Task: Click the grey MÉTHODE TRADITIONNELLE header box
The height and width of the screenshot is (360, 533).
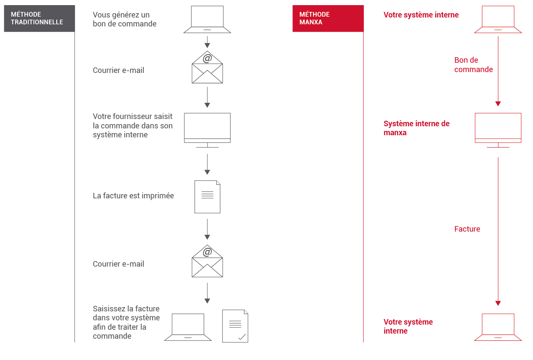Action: pos(40,18)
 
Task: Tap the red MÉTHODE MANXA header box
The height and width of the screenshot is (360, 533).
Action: pos(328,18)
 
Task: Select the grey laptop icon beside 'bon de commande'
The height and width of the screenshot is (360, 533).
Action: pos(207,19)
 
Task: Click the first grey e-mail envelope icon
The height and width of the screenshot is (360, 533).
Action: pos(207,67)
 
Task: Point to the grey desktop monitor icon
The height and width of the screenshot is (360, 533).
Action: pos(207,130)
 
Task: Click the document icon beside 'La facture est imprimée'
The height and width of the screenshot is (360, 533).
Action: pos(207,197)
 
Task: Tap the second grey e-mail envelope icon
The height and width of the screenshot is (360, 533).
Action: pos(207,261)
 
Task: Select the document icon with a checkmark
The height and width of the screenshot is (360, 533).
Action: pos(235,326)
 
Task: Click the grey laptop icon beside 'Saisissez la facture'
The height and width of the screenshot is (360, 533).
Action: pos(188,327)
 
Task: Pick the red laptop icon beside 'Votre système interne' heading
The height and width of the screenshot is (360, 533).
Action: pos(498,19)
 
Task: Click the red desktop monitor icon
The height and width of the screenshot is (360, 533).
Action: pos(498,130)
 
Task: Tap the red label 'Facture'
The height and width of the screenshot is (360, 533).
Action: pos(467,229)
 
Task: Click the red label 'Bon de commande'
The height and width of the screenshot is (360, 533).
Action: pos(473,64)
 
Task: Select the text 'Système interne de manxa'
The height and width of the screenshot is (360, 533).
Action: pos(417,128)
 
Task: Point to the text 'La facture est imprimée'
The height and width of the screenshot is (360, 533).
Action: pos(133,196)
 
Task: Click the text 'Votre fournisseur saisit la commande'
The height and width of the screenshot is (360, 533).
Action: pos(133,121)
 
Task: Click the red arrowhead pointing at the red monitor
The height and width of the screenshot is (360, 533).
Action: pos(498,104)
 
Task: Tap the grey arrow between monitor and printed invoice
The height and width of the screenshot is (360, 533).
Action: pos(207,164)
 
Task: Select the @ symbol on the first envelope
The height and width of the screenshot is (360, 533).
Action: pos(207,58)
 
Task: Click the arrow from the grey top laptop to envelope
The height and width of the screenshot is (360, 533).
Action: pos(207,42)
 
